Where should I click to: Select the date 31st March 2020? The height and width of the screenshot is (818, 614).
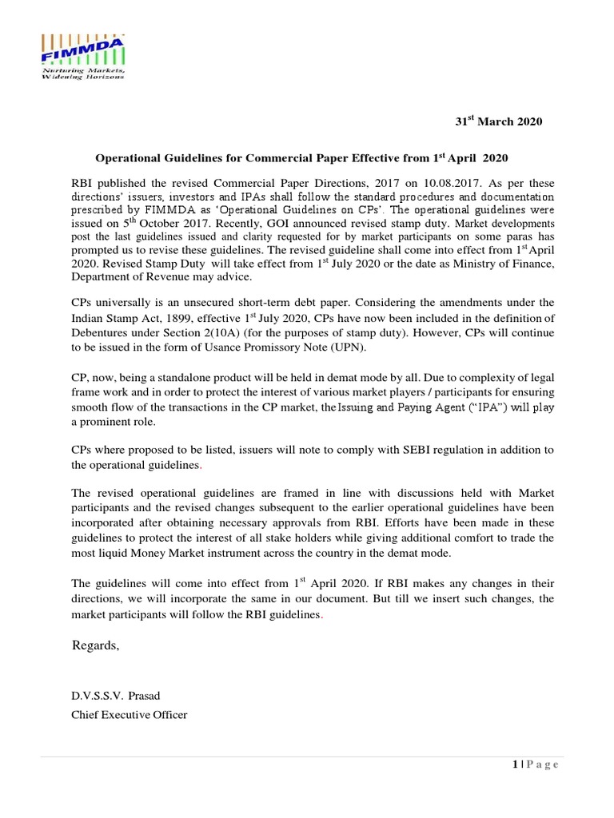pyautogui.click(x=498, y=122)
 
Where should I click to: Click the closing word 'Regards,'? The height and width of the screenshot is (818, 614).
pyautogui.click(x=96, y=646)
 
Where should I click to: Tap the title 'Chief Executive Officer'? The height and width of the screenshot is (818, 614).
pyautogui.click(x=130, y=714)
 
